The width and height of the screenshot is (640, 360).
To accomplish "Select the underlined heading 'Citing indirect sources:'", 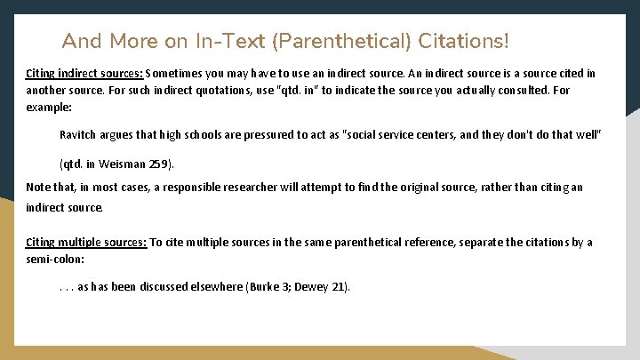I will tap(84, 73).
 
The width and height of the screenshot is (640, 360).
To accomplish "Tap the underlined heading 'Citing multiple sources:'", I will tap(86, 243).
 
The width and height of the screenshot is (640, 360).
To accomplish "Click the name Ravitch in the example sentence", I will tap(78, 135).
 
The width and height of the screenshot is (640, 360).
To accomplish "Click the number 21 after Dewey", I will tap(339, 286).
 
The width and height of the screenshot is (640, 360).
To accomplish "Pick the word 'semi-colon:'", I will tap(55, 259).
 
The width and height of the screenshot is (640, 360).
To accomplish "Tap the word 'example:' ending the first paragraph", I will tap(49, 107).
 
